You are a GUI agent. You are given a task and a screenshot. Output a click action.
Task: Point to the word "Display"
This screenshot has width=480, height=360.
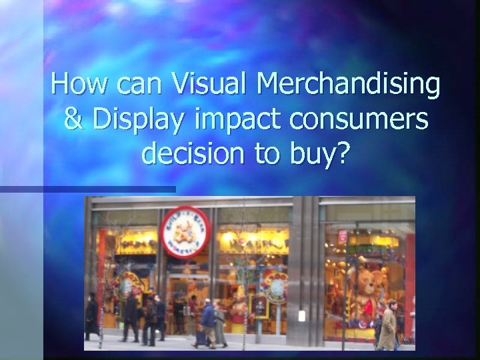pyautogui.click(x=137, y=121)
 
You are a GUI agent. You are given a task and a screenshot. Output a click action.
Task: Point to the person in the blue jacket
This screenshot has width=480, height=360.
pyautogui.click(x=208, y=320)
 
